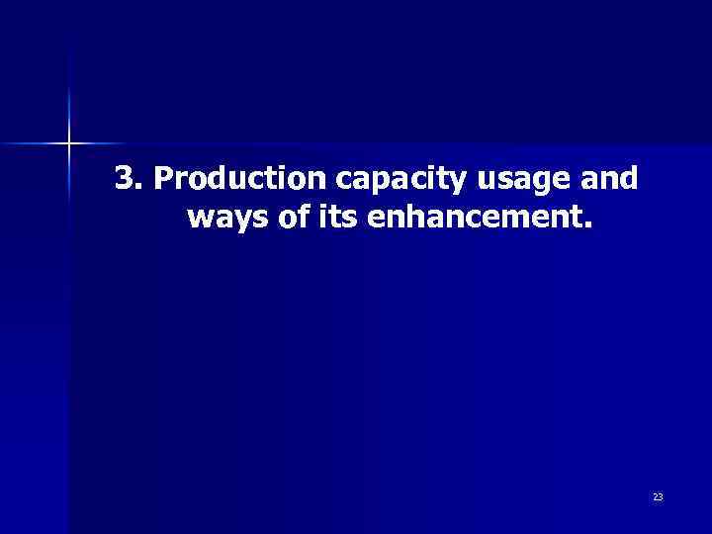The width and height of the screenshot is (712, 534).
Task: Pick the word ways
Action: pyautogui.click(x=223, y=218)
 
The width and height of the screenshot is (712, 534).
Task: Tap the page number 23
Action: pyautogui.click(x=658, y=496)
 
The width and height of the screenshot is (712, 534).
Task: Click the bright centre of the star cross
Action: pyautogui.click(x=69, y=144)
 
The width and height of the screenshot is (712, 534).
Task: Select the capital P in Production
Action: pyautogui.click(x=165, y=178)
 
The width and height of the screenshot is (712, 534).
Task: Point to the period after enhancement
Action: pyautogui.click(x=590, y=224)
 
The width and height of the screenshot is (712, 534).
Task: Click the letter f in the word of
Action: pyautogui.click(x=303, y=215)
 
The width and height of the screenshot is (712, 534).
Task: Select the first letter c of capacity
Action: pyautogui.click(x=345, y=181)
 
